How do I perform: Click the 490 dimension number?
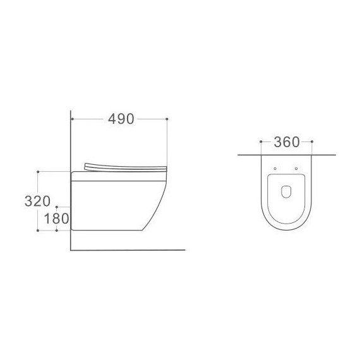pyautogui.click(x=121, y=119)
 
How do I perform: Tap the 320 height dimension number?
pyautogui.click(x=37, y=201)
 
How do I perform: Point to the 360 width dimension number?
pyautogui.click(x=286, y=142)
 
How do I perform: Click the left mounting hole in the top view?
pyautogui.click(x=276, y=168)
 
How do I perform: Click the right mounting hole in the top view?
pyautogui.click(x=296, y=168)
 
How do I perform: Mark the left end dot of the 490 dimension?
pyautogui.click(x=74, y=119)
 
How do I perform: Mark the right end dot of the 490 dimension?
pyautogui.click(x=167, y=119)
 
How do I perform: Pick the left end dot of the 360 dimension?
pyautogui.click(x=261, y=142)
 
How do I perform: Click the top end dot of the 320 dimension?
pyautogui.click(x=39, y=171)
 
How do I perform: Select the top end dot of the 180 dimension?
pyautogui.click(x=57, y=207)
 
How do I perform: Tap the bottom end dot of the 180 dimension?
pyautogui.click(x=57, y=231)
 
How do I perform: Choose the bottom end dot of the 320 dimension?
pyautogui.click(x=39, y=231)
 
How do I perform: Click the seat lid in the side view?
pyautogui.click(x=123, y=166)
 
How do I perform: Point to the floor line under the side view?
pyautogui.click(x=126, y=250)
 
